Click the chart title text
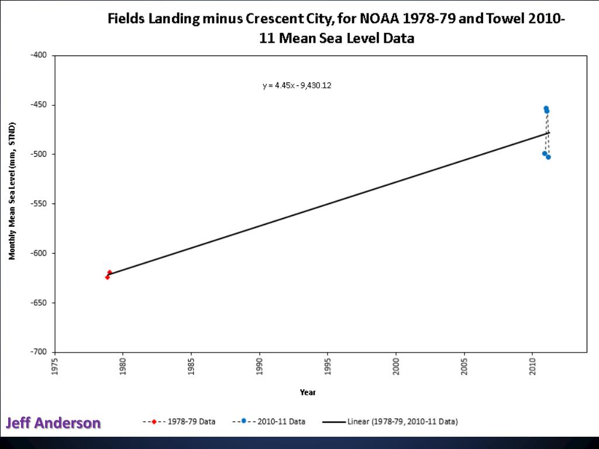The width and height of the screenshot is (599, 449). click(336, 28)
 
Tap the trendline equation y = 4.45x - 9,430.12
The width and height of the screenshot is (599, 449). click(297, 85)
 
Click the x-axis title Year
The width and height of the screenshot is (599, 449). click(308, 392)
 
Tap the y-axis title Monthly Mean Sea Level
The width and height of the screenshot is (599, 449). click(12, 191)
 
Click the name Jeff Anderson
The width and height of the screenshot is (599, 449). click(53, 423)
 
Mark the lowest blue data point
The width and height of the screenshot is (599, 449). click(548, 157)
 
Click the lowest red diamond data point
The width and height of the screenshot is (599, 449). click(107, 277)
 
